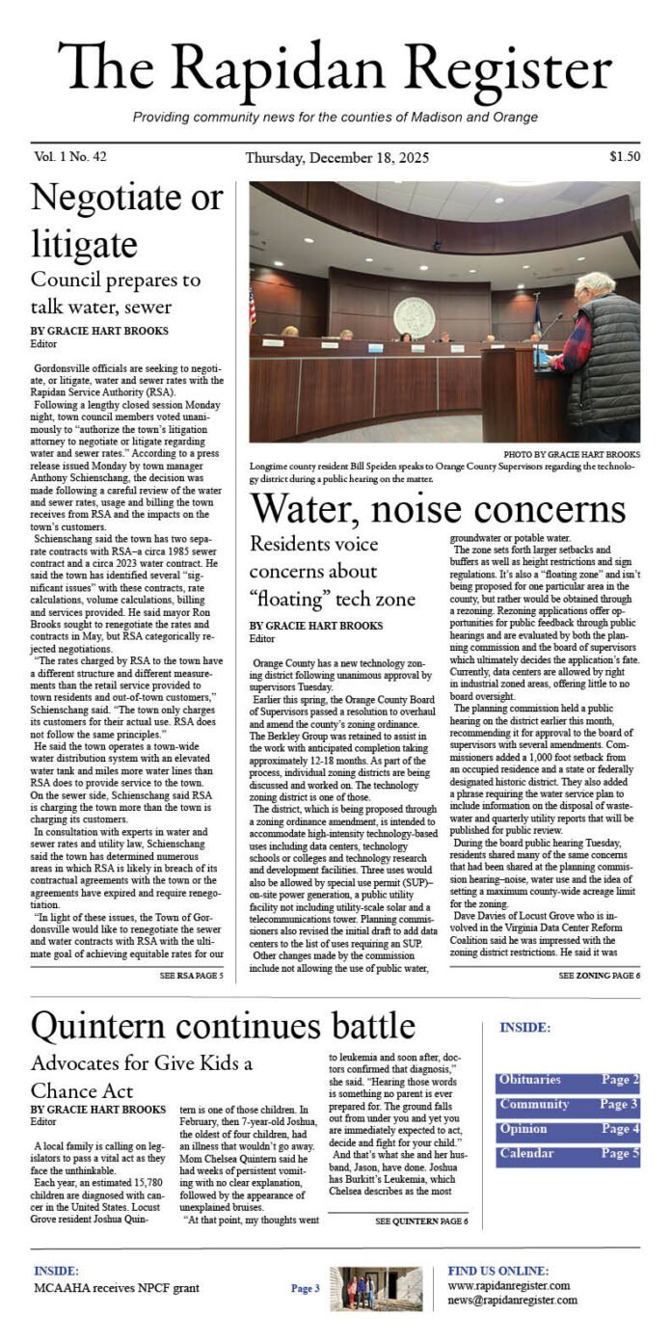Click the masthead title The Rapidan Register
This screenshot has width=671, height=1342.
(335, 69)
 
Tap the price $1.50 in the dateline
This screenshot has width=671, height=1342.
(624, 156)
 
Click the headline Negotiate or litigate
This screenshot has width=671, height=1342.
(126, 220)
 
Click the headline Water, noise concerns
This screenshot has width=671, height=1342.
(438, 510)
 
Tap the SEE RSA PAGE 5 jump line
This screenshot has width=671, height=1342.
(191, 976)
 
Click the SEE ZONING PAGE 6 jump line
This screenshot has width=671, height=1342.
(598, 976)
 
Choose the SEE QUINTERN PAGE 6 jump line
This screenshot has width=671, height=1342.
(421, 1221)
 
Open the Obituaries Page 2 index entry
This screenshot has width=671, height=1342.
(567, 1081)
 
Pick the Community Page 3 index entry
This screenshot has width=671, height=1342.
(567, 1105)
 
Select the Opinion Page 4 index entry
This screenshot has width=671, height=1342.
(567, 1129)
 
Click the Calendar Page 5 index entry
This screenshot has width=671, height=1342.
(567, 1153)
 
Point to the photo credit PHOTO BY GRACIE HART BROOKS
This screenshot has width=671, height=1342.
(571, 454)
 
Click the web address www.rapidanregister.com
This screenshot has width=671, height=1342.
(508, 1285)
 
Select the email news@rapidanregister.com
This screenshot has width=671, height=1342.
(512, 1300)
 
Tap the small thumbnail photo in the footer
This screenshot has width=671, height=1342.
(375, 1288)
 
